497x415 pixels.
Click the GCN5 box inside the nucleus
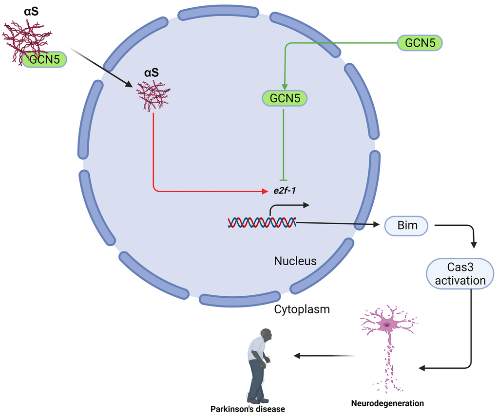[285, 98]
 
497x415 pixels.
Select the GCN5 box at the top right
[420, 42]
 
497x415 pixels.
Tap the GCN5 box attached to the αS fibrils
[44, 59]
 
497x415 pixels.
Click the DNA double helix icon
[261, 223]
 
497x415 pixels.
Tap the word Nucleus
[295, 261]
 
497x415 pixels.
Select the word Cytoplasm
[302, 309]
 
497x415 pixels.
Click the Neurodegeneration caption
[387, 403]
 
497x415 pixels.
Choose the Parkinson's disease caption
[248, 409]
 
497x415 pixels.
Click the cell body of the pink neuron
[387, 325]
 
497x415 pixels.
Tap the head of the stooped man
[266, 335]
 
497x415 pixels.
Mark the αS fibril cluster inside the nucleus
[153, 96]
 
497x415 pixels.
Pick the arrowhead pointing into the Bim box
[376, 225]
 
